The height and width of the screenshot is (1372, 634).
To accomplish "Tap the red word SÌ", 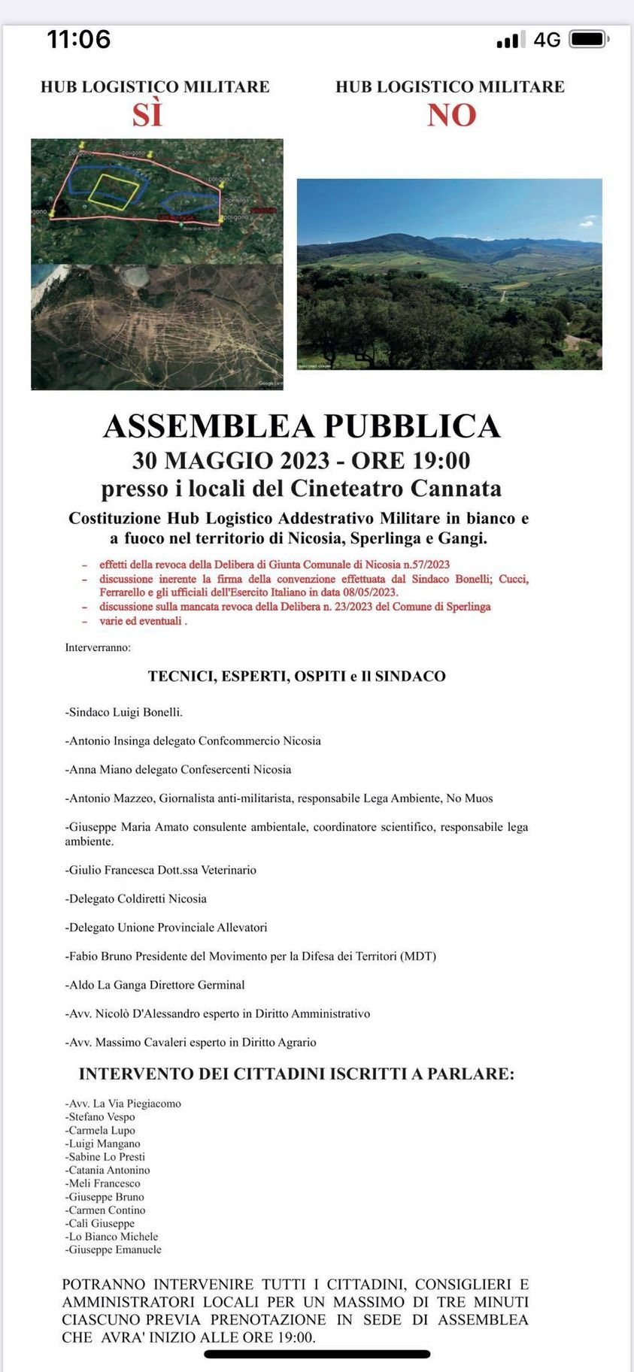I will [147, 115].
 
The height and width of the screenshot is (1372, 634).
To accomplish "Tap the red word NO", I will [452, 115].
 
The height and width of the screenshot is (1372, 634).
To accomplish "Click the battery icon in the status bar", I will [588, 39].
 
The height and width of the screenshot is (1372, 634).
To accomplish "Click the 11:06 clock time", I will [79, 39].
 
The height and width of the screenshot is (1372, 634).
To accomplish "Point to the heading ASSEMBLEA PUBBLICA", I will [302, 426].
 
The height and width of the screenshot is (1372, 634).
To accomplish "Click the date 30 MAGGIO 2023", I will [231, 460].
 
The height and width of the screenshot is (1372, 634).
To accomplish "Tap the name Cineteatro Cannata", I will [396, 489].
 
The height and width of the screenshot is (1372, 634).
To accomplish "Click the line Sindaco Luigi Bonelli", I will [125, 712].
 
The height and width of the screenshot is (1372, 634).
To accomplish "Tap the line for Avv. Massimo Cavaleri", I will [191, 1042].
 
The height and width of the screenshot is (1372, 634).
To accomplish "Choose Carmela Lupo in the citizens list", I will [102, 1130].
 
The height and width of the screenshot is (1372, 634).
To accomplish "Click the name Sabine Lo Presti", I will [106, 1156].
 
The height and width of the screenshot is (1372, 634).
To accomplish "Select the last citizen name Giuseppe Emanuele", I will [114, 1249].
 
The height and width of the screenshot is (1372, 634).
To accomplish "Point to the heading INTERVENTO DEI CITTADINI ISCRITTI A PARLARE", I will [296, 1074].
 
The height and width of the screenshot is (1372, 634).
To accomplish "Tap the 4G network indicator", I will [547, 40].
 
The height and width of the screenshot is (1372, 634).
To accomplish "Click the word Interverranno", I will [98, 647].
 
